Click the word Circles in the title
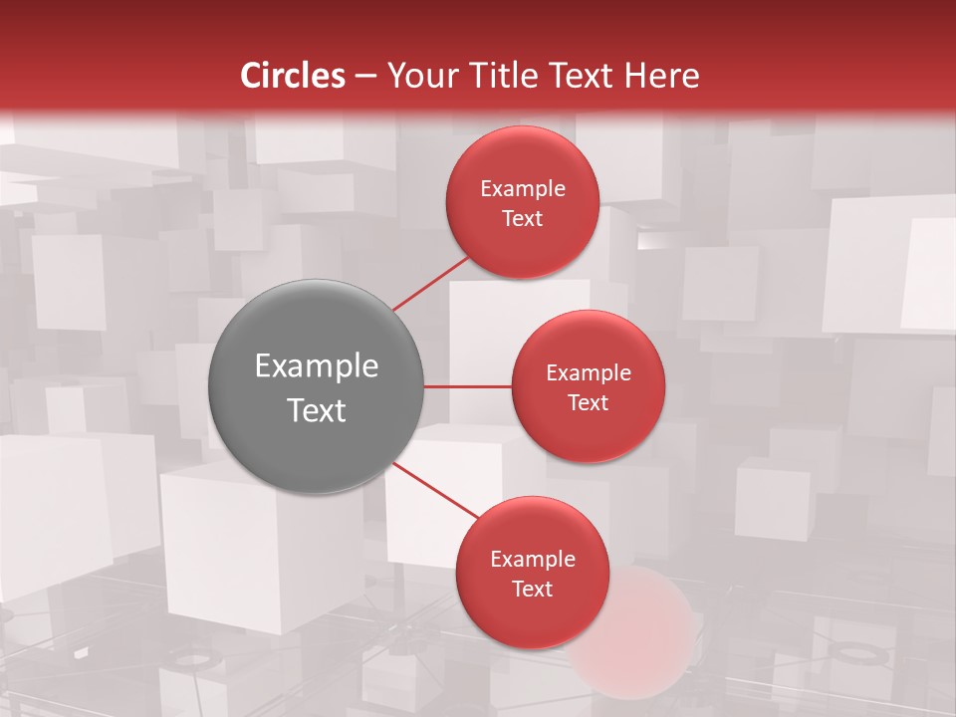(x=292, y=76)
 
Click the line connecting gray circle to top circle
(x=430, y=284)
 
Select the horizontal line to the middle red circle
(x=468, y=386)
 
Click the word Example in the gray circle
(x=317, y=366)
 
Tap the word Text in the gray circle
(x=317, y=410)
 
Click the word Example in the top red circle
(x=523, y=189)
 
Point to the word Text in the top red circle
(x=523, y=218)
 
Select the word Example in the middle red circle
(x=589, y=373)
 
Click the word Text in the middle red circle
(x=589, y=402)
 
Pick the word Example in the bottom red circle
(x=533, y=560)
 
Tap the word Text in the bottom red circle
(x=533, y=589)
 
